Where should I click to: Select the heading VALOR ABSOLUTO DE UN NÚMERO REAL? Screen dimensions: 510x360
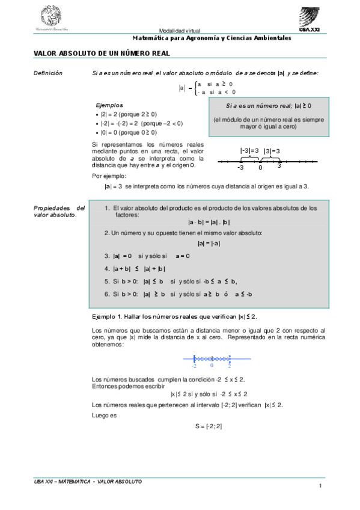[102, 54]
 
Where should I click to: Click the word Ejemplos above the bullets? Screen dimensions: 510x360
[109, 104]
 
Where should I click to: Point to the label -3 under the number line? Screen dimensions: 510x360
[240, 168]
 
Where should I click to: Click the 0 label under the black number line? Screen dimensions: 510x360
[260, 168]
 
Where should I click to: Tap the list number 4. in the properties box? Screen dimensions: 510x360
[106, 269]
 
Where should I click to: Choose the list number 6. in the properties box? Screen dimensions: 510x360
[106, 294]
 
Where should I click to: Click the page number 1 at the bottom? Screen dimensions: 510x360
[321, 486]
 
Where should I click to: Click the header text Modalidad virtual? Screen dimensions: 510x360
[180, 31]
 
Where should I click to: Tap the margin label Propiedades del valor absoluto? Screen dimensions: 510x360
[59, 211]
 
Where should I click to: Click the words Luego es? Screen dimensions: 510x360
[103, 415]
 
